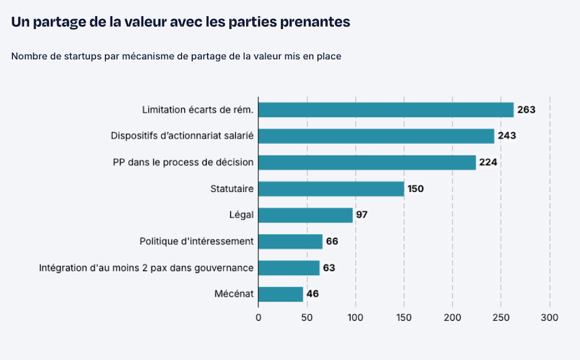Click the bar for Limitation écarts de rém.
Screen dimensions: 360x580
click(385, 109)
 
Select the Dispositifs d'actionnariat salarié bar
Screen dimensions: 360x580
click(376, 136)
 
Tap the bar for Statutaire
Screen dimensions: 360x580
click(331, 189)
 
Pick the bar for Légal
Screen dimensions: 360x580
click(305, 215)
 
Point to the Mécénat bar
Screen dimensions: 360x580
click(280, 294)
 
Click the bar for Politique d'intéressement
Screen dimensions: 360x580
click(290, 242)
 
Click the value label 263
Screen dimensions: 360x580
click(526, 109)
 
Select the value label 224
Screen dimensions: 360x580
click(488, 162)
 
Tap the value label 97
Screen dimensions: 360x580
click(362, 215)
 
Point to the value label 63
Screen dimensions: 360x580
click(329, 268)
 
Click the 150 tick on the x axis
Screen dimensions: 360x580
click(404, 317)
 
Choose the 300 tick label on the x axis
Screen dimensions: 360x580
click(549, 317)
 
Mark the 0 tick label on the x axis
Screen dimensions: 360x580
click(258, 317)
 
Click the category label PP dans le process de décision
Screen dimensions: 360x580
click(183, 162)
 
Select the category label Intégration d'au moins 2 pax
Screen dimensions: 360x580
click(146, 268)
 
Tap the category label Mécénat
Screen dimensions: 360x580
click(234, 294)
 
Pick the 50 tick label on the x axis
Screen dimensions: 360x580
click(307, 317)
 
